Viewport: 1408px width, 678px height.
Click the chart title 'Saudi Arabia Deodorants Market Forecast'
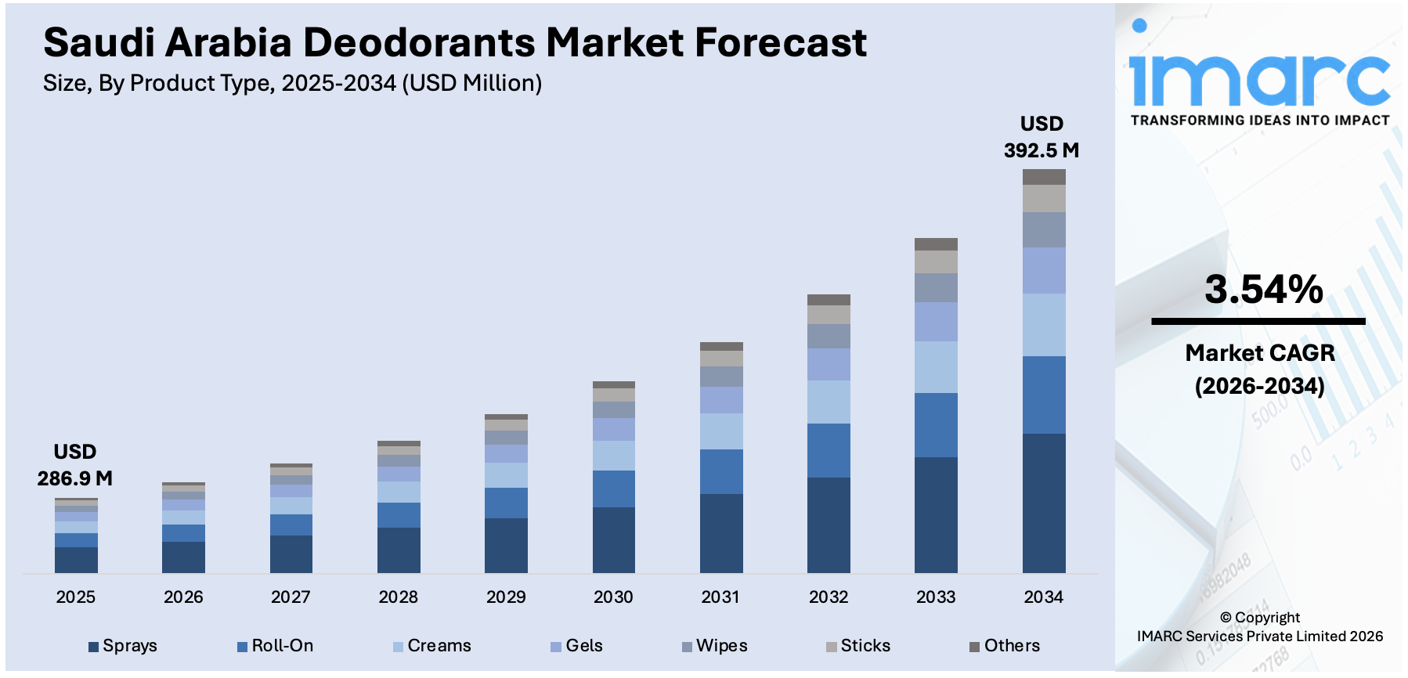click(454, 43)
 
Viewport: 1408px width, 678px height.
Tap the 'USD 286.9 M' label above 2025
click(75, 465)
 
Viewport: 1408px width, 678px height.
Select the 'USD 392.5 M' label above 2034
click(1042, 137)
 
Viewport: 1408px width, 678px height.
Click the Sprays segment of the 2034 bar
click(1044, 503)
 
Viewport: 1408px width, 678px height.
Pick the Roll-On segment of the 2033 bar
click(936, 424)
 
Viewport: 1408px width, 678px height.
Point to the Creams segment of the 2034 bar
click(1044, 324)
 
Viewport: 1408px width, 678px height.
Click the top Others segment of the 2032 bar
click(829, 300)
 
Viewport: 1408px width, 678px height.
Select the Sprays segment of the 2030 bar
click(613, 539)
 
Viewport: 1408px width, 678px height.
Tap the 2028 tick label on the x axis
click(398, 597)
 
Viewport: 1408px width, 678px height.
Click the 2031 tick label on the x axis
click(720, 597)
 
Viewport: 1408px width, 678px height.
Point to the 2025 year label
click(75, 597)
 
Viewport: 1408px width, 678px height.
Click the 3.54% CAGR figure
click(1263, 290)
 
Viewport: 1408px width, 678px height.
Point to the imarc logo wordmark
click(1259, 78)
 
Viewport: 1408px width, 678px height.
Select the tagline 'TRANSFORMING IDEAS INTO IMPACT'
click(1259, 121)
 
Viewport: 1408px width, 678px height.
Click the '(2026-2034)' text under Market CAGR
click(1259, 386)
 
